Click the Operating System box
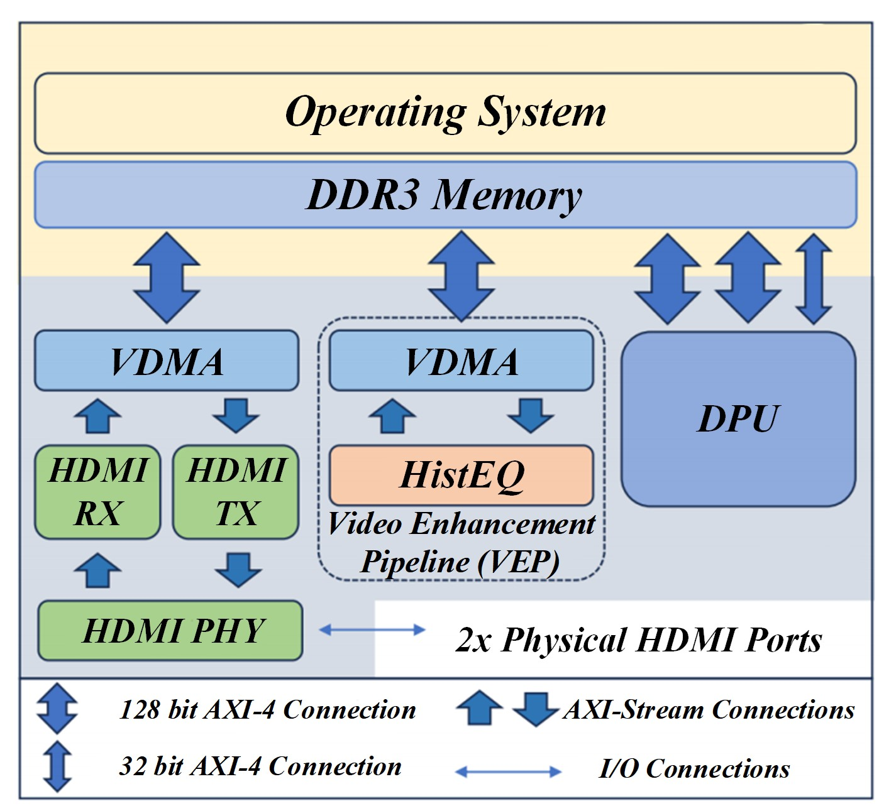point(445,113)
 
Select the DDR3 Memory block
point(445,195)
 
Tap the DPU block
point(738,418)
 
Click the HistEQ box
point(461,475)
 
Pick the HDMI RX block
point(97,491)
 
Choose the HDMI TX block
point(236,491)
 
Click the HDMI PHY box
point(170,631)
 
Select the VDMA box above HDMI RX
point(166,361)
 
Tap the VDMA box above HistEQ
point(461,361)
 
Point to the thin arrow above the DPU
point(814,278)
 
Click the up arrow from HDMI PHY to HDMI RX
point(97,570)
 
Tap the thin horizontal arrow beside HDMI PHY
point(372,629)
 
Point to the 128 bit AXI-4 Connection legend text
point(267,710)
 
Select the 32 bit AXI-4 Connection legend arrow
point(57,766)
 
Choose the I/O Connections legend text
point(694,769)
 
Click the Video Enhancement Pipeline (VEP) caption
point(461,543)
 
